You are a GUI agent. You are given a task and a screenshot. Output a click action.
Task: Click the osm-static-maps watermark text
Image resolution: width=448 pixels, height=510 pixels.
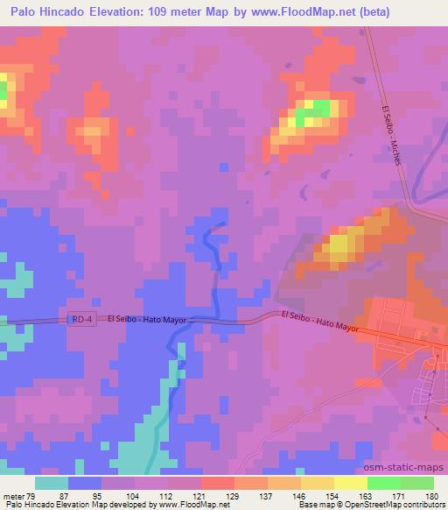410,469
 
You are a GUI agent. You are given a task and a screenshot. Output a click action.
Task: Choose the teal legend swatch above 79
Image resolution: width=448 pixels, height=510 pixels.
52,483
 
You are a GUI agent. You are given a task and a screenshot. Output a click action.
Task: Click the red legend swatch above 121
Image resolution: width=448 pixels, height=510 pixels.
219,483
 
